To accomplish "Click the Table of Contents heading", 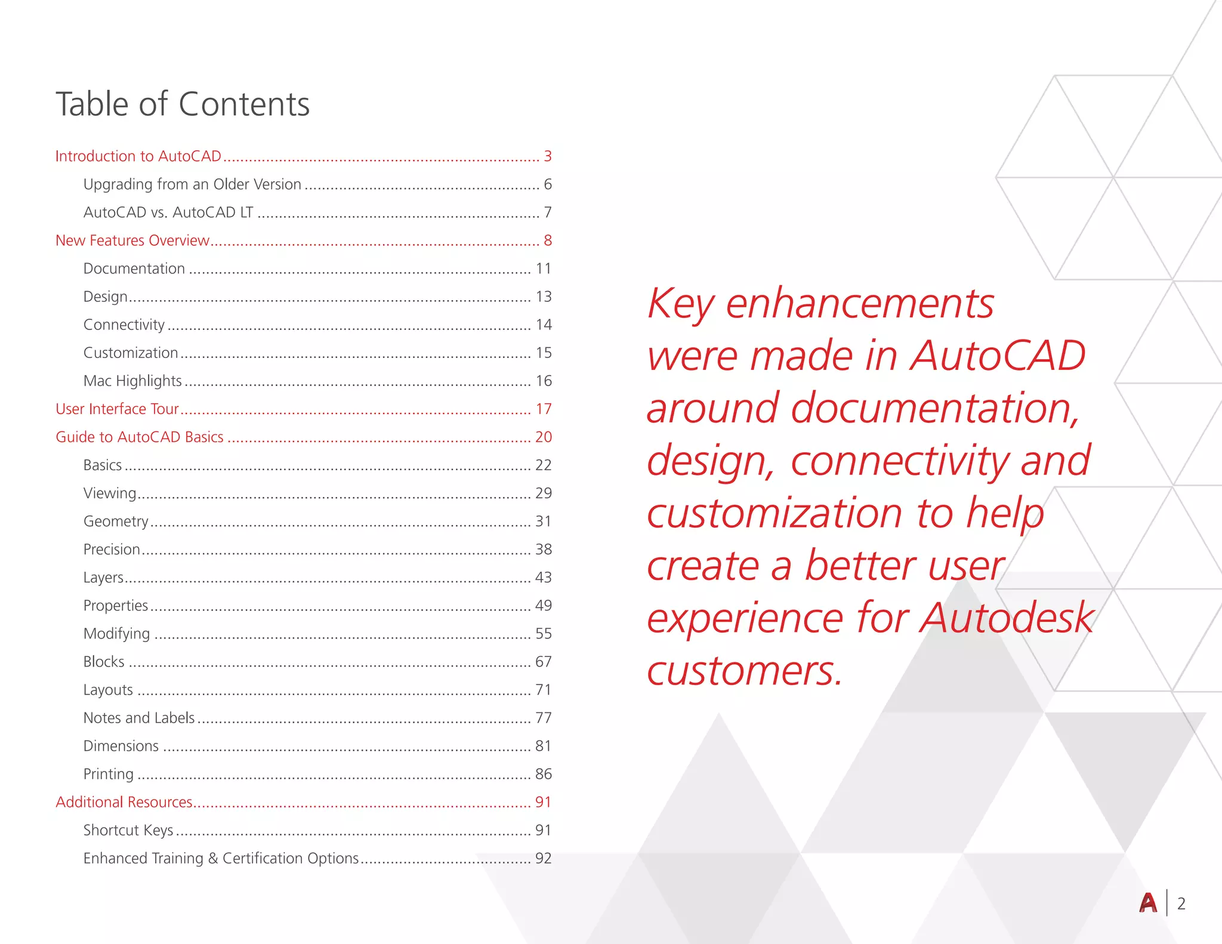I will point(183,104).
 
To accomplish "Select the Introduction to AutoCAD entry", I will point(138,156).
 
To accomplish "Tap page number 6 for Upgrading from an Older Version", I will point(548,184).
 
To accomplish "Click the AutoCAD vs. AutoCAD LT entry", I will point(168,212).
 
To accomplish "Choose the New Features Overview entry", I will point(132,240).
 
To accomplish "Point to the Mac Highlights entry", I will point(132,381).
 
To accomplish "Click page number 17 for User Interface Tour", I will point(543,409).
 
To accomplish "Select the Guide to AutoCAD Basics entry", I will point(140,437).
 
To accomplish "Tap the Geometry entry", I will point(116,522).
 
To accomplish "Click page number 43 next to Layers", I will point(543,577).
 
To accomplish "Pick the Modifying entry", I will point(117,634).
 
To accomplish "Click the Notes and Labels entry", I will point(139,718).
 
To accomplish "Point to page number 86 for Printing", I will point(543,774).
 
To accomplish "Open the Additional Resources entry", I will point(124,802).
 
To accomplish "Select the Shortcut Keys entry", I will point(128,830).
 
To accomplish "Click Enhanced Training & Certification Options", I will point(221,858).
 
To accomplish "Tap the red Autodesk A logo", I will point(1147,903).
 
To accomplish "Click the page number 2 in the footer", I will point(1181,903).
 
